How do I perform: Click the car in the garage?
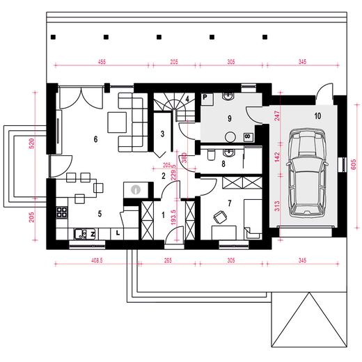coord(307,173)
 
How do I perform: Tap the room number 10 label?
coord(317,116)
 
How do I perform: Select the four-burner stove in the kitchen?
coord(62,212)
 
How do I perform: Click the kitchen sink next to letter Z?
coord(80,234)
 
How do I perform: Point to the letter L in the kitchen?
coord(118,233)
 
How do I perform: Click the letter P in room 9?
coord(205,97)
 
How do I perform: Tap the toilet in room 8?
coord(211,155)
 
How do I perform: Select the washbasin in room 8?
coord(229,152)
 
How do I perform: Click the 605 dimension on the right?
coord(353,165)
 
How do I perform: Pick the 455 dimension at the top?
coord(102,62)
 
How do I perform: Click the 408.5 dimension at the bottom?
coord(97,260)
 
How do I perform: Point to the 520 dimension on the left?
coord(32,143)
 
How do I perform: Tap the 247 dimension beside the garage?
coord(277,116)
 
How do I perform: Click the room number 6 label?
coord(95,139)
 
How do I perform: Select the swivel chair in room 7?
coord(220,217)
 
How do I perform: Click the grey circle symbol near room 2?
coord(136,189)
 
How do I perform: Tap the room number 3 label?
coord(162,134)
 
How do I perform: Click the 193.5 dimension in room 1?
coord(173,217)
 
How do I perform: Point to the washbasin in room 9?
coord(229,96)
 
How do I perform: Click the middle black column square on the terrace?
coord(159,37)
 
